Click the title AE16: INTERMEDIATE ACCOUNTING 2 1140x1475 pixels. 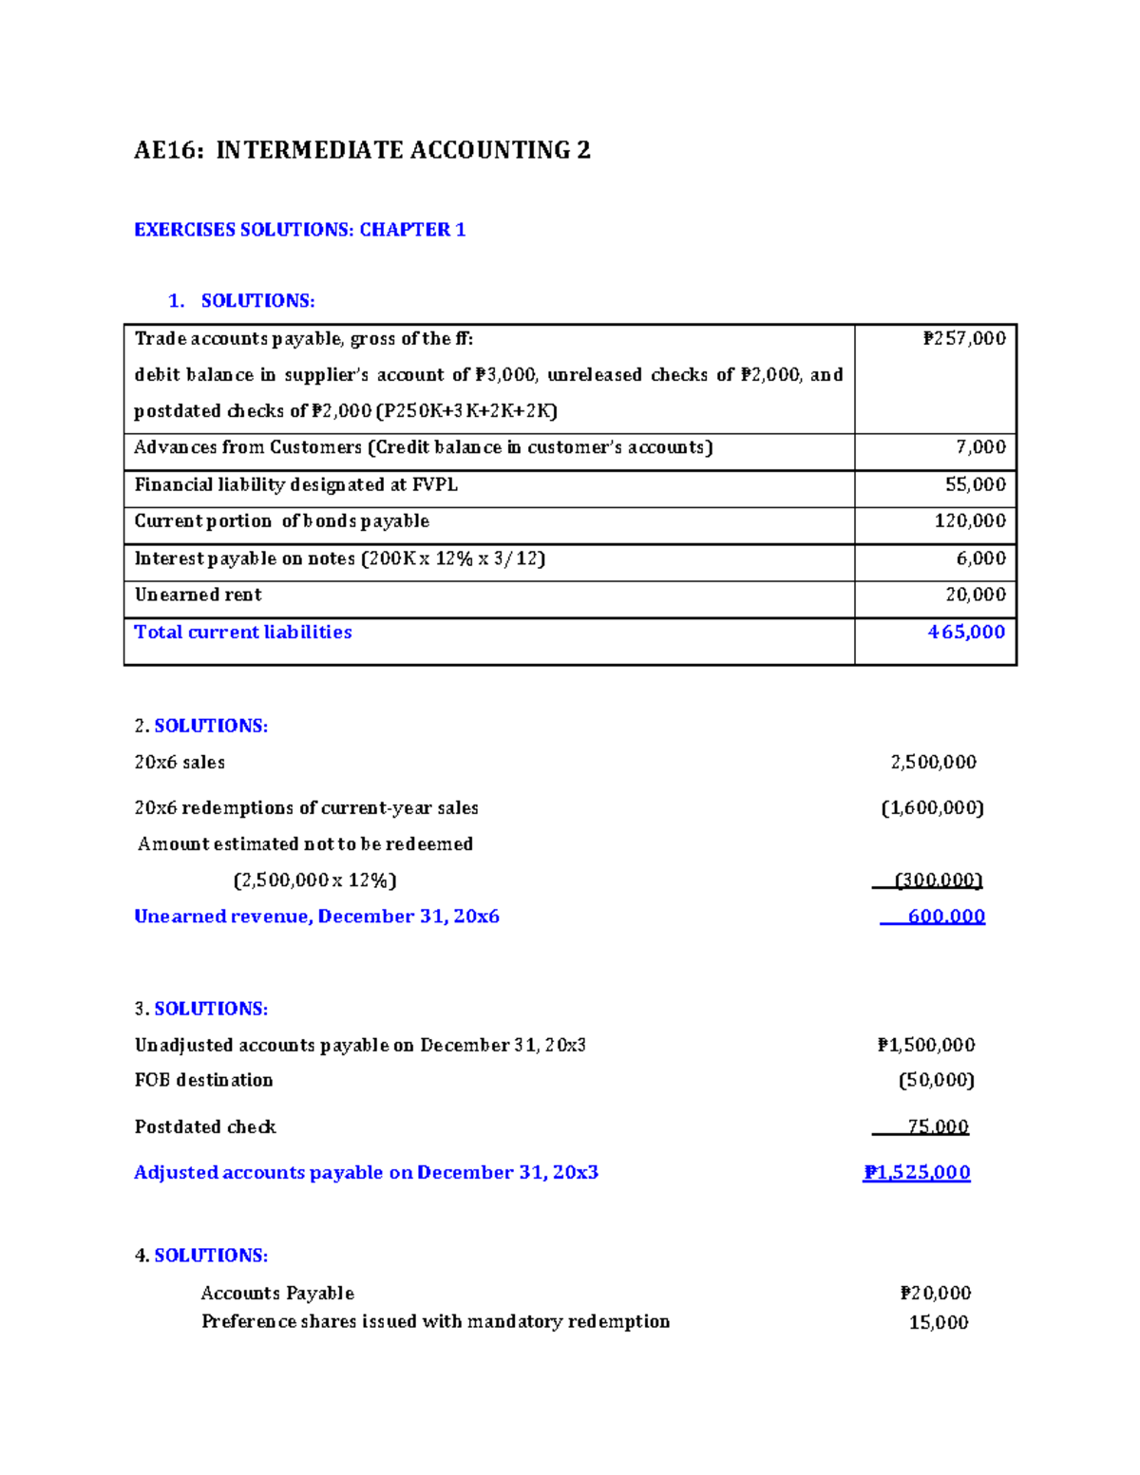coord(362,150)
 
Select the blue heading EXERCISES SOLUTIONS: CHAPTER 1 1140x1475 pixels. coord(299,230)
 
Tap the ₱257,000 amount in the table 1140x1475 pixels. coord(963,339)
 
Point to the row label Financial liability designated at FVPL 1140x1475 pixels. coord(295,485)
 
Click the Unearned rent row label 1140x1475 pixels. coord(198,596)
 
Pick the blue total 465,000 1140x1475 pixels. coord(965,633)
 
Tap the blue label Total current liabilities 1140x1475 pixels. coord(242,633)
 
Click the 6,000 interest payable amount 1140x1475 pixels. coord(980,558)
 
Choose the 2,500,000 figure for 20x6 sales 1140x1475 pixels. coord(933,763)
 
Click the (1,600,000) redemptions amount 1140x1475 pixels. coord(932,808)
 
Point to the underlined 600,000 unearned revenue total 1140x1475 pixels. coord(945,917)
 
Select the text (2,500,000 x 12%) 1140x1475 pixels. coord(314,880)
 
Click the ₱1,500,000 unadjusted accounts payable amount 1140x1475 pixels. coord(925,1046)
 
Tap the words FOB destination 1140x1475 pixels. coord(203,1081)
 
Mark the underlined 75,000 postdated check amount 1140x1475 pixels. coord(937,1127)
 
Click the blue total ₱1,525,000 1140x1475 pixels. coord(916,1173)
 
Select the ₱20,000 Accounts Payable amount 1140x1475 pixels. coord(935,1294)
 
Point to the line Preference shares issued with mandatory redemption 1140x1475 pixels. coord(435,1322)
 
